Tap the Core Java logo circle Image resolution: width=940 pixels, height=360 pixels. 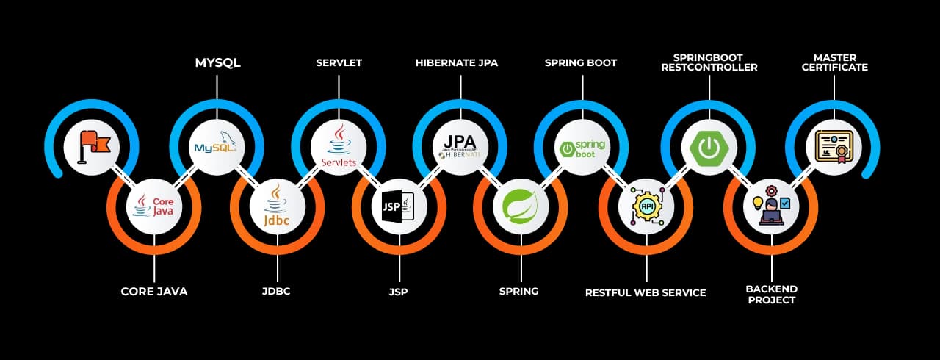[154, 206]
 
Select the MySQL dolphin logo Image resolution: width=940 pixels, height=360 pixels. [216, 146]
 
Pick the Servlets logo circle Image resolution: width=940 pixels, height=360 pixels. [338, 146]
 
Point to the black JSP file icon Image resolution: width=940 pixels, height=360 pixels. [399, 206]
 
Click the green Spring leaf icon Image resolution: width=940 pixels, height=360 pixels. [521, 206]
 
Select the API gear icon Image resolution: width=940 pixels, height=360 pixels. [646, 206]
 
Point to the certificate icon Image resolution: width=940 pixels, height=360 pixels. [834, 146]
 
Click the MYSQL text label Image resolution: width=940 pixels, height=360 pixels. [217, 63]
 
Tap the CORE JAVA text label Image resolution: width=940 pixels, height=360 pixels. [154, 292]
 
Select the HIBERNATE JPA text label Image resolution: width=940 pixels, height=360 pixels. [456, 63]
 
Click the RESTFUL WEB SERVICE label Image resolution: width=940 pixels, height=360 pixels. [646, 293]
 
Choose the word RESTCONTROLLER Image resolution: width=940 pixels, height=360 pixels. [709, 68]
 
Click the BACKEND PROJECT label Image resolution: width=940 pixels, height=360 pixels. [771, 294]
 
